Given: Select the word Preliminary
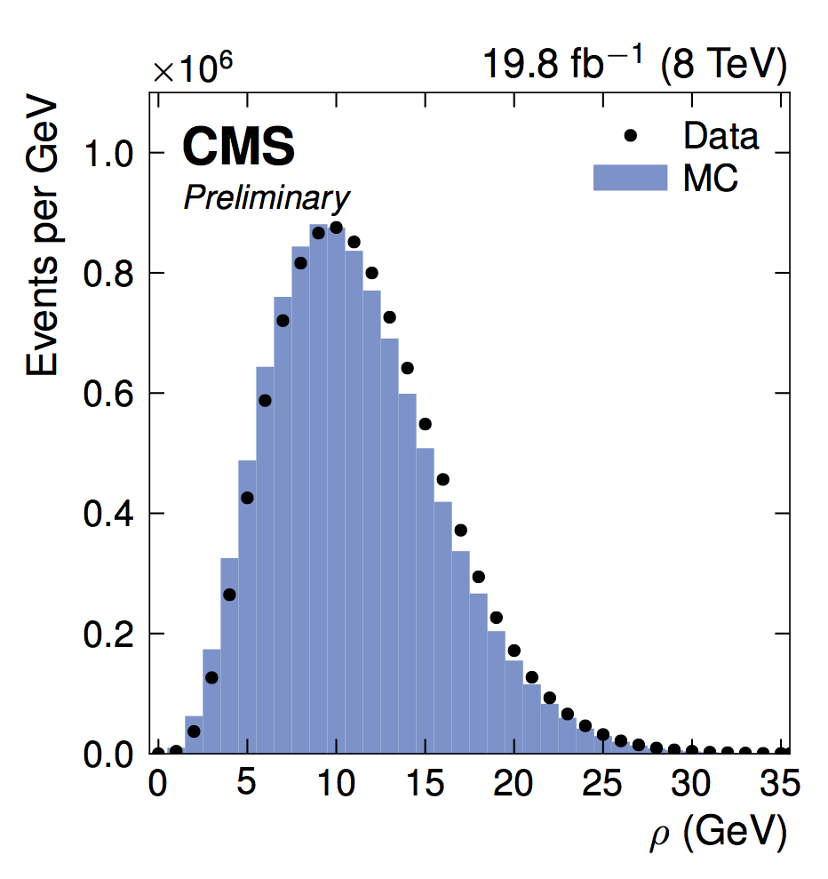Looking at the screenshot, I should pos(267,198).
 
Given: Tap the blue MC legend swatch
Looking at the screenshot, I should pos(630,177).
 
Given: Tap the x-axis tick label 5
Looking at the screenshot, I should pos(247,786).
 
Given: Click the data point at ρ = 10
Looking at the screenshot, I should pos(336,228).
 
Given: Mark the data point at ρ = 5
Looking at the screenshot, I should pos(247,498).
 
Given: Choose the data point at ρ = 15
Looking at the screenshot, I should pos(425,424).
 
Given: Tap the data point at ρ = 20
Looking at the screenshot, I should pos(514,651).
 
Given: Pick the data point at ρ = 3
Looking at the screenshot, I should pos(211,677).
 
